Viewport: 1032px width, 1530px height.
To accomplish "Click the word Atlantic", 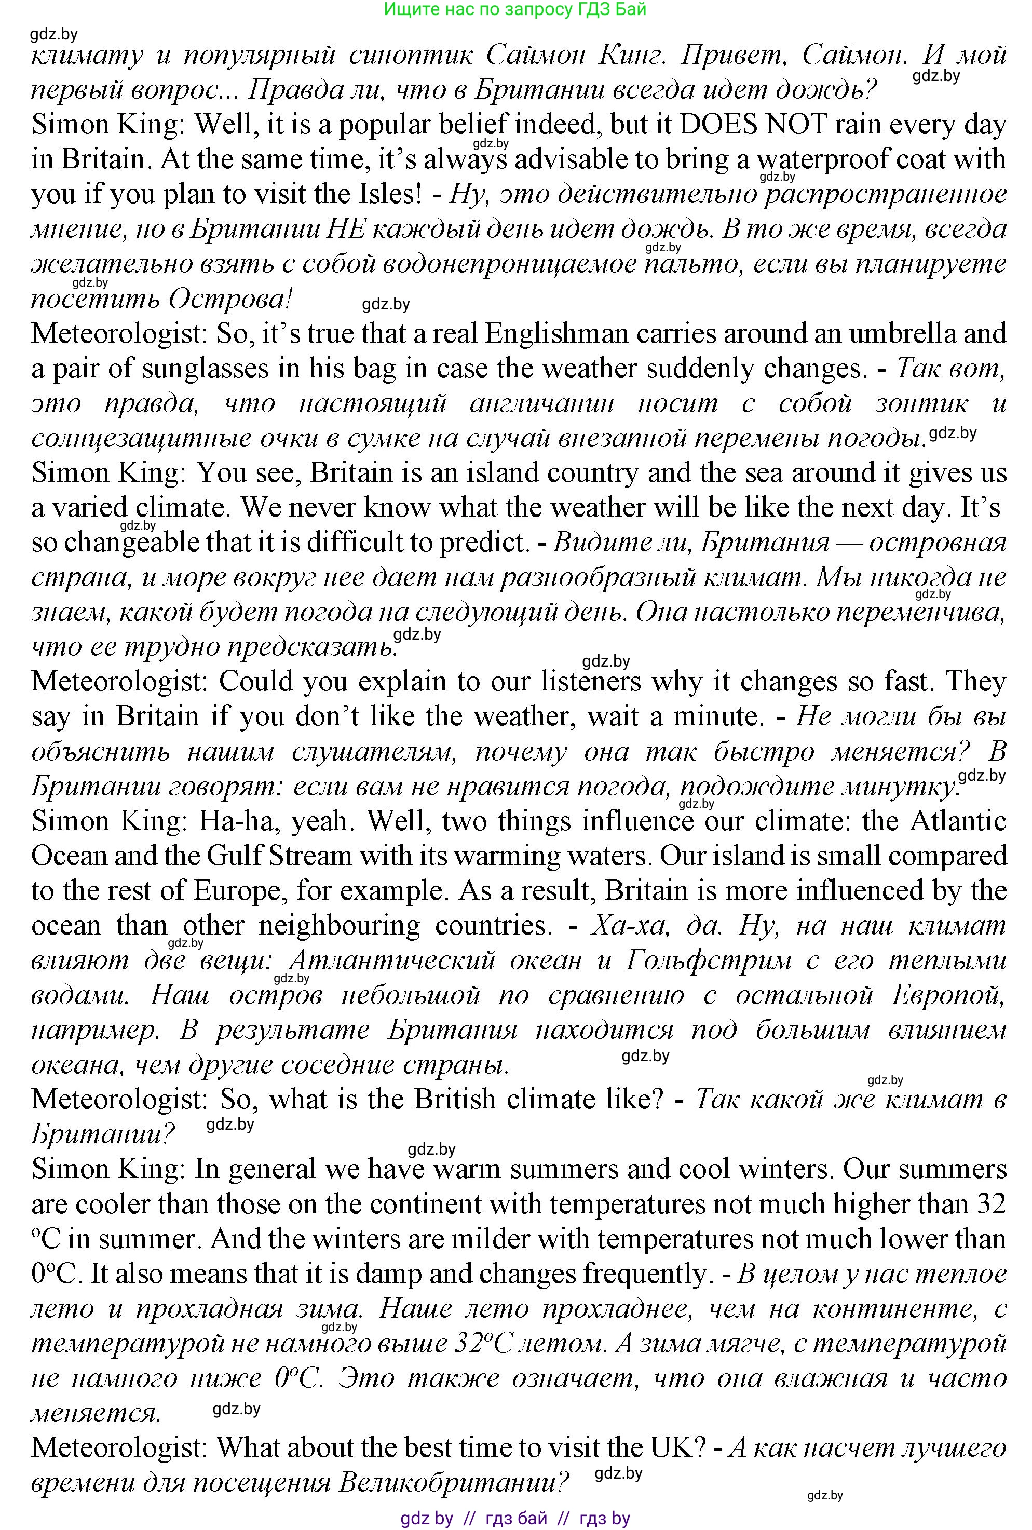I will pyautogui.click(x=958, y=821).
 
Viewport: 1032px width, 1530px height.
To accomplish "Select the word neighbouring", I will pyautogui.click(x=339, y=926).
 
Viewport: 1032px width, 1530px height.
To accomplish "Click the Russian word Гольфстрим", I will pyautogui.click(x=708, y=961).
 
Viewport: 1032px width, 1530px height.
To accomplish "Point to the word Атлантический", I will pyautogui.click(x=392, y=961).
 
